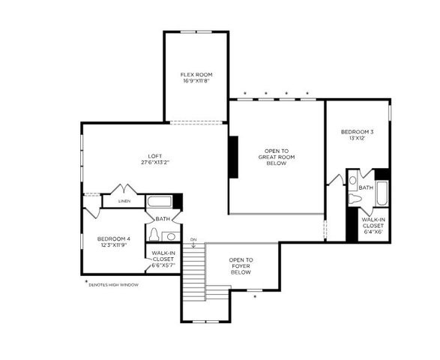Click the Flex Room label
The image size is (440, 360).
click(196, 75)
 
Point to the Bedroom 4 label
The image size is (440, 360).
click(113, 238)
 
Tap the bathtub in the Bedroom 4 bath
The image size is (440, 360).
click(160, 202)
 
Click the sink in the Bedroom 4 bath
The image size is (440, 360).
click(170, 237)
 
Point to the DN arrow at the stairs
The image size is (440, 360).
click(193, 243)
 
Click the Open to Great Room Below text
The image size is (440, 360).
click(277, 155)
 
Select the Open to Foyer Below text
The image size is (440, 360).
click(241, 266)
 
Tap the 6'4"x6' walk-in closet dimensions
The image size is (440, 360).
click(373, 232)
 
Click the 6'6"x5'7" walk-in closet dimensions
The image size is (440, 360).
click(163, 265)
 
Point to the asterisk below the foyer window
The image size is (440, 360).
click(255, 297)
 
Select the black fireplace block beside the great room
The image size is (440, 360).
click(234, 157)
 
